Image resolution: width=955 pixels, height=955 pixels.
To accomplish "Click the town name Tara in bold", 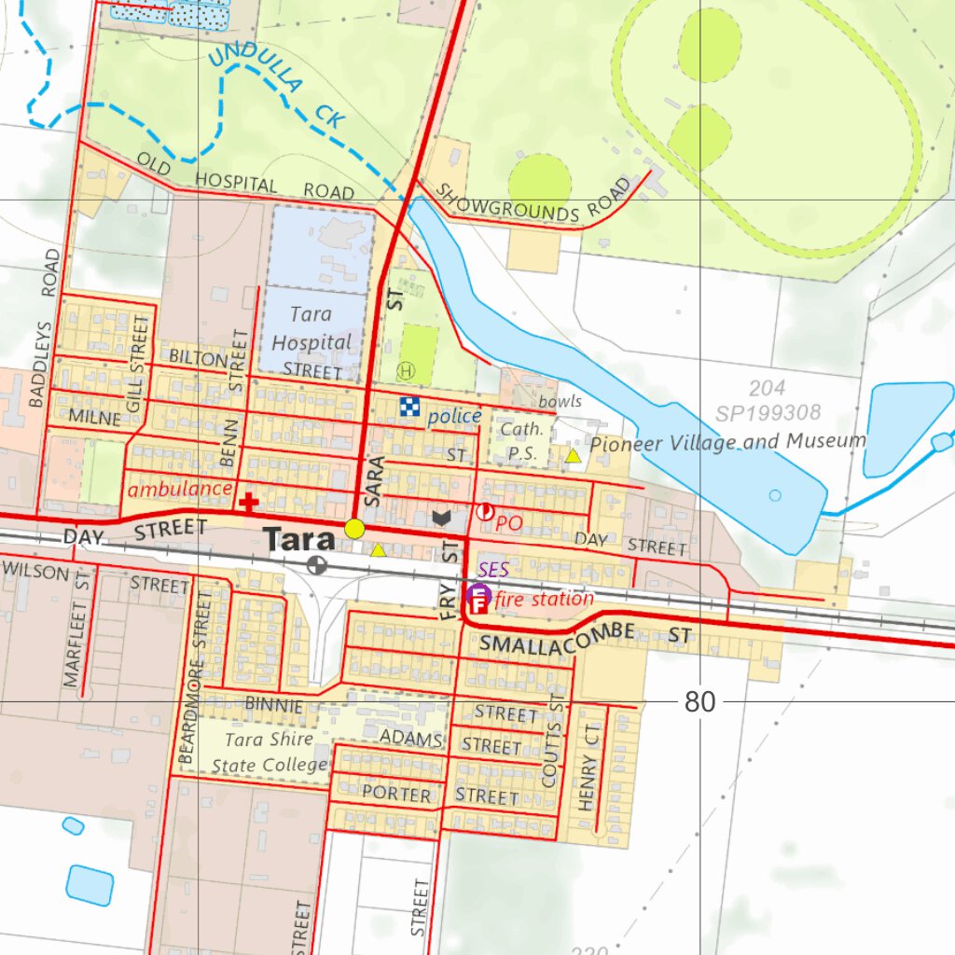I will point(298,540).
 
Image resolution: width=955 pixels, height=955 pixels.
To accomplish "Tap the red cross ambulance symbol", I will point(249,503).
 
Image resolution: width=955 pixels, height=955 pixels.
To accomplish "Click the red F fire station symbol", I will point(477,605).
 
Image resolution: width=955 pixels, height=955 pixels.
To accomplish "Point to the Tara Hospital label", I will point(311,329).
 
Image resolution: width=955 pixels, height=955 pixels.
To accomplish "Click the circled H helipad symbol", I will point(405,370).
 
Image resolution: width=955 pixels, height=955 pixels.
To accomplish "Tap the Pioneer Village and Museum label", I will point(727,442).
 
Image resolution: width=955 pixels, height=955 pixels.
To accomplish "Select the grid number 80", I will point(699,702).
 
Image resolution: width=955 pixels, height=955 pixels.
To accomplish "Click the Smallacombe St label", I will point(586,639).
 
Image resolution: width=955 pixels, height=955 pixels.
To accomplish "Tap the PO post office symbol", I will point(486,511).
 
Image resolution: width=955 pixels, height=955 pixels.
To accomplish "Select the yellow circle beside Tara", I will point(354,529).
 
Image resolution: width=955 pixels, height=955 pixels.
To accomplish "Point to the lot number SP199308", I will point(768,412).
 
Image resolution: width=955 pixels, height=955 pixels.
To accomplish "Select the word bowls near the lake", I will point(560,401).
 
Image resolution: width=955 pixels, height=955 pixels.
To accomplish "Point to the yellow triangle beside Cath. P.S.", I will point(574,456).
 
